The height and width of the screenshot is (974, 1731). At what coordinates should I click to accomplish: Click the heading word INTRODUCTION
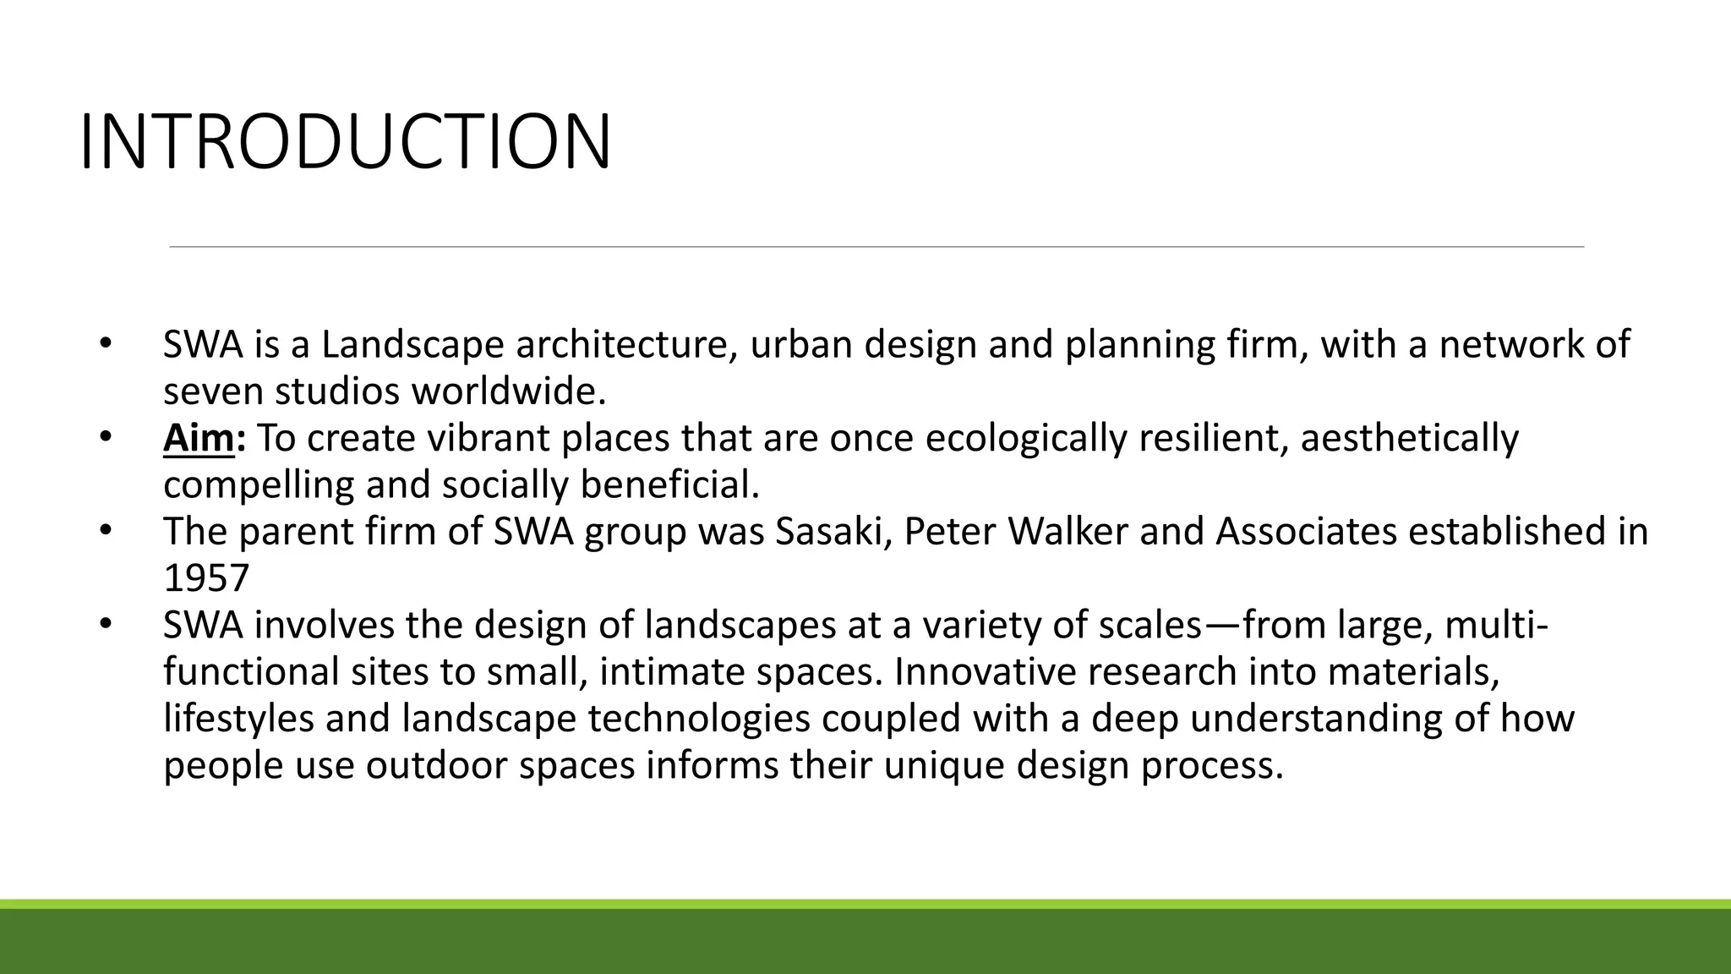345,141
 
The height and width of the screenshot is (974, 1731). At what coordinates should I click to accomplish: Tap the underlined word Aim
198,439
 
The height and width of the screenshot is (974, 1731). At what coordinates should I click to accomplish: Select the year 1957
206,578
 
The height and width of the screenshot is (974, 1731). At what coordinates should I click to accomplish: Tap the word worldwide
509,392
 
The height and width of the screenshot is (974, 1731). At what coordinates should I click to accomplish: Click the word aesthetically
1409,439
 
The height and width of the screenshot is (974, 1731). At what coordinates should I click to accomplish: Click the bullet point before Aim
104,438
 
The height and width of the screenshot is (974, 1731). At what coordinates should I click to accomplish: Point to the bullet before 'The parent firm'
104,531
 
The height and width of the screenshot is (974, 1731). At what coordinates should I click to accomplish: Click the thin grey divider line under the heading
876,247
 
